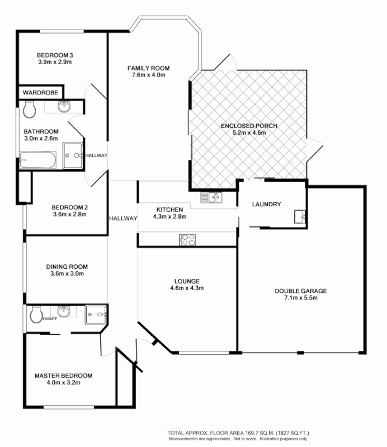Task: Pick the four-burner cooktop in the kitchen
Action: click(187, 240)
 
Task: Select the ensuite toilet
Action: click(36, 316)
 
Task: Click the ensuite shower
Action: click(97, 316)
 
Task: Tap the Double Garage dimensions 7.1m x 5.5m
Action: click(300, 298)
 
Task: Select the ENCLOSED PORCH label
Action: click(249, 126)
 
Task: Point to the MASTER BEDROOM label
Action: click(63, 375)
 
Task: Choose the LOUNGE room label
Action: click(187, 281)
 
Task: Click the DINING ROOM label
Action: click(67, 267)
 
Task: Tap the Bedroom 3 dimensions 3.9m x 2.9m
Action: click(55, 62)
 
